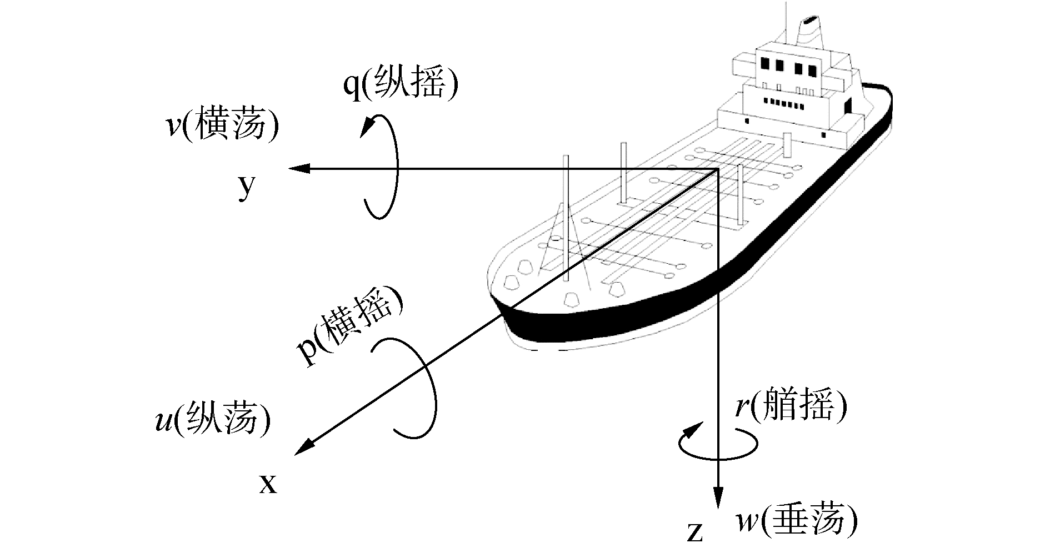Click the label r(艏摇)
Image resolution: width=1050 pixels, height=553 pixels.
(x=791, y=408)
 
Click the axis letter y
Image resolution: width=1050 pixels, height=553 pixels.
(x=247, y=189)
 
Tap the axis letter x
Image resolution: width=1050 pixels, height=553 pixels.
(x=268, y=485)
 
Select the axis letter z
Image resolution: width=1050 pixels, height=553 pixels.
(x=695, y=532)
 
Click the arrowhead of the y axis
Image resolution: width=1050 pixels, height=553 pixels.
(x=297, y=169)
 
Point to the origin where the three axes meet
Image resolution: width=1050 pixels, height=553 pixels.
(x=718, y=169)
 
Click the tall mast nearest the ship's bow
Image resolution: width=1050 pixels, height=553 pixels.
(x=566, y=217)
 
